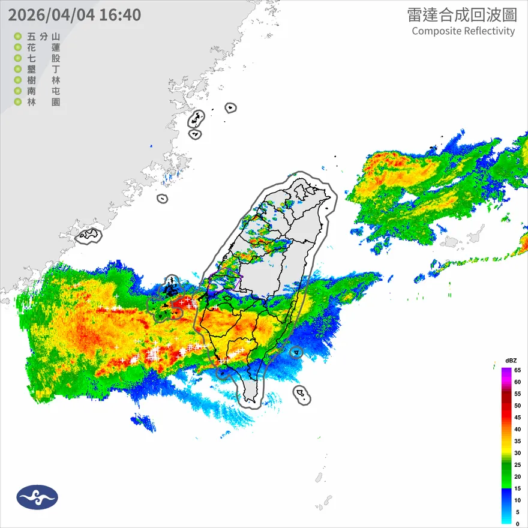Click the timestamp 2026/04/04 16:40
click(75, 14)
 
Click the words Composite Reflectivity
click(463, 31)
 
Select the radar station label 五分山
click(44, 37)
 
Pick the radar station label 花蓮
click(44, 47)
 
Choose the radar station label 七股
click(44, 58)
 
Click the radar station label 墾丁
click(44, 70)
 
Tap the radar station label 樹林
click(44, 80)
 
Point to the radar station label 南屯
click(44, 91)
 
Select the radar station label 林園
click(44, 102)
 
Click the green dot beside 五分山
click(18, 37)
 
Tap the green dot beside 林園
click(18, 102)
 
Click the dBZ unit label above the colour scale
click(511, 360)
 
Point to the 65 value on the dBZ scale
click(517, 370)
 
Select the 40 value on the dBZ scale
click(517, 429)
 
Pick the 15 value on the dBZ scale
click(517, 488)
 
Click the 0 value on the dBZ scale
click(517, 523)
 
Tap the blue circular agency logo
click(37, 497)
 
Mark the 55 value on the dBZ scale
click(517, 394)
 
